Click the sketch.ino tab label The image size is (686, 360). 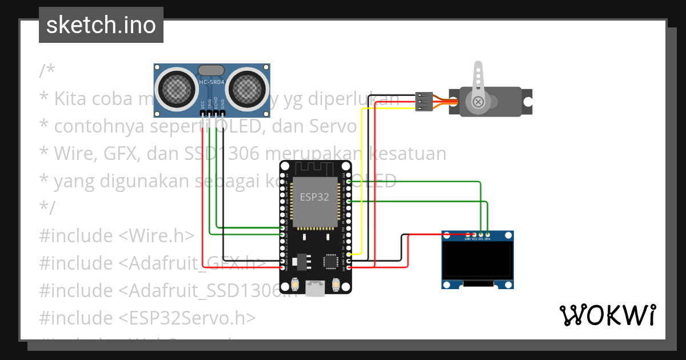[101, 25]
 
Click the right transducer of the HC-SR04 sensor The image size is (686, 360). [249, 87]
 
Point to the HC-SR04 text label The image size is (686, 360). [212, 82]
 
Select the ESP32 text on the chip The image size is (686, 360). [314, 197]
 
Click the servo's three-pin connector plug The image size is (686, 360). [423, 101]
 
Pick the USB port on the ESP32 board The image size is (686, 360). [314, 289]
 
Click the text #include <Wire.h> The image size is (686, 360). [117, 235]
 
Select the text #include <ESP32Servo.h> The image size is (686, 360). [147, 317]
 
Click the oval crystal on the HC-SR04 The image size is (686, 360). [212, 70]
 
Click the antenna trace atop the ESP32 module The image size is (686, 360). [314, 169]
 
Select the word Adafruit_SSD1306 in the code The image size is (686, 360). [200, 290]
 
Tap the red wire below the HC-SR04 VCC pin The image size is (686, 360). [204, 183]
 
